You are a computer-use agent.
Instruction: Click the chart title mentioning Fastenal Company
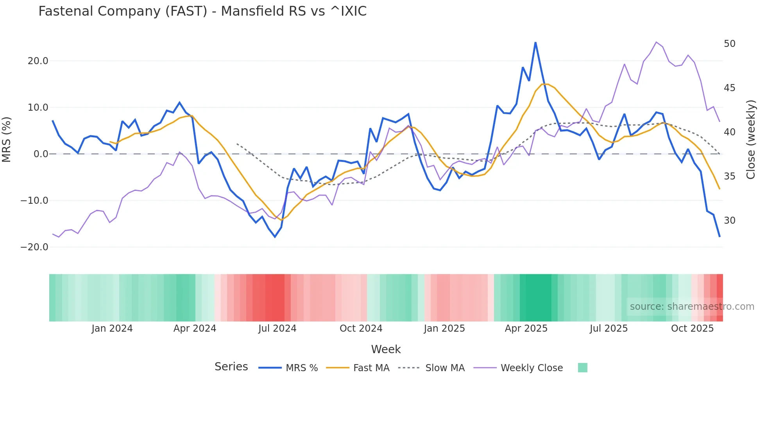[x=202, y=11]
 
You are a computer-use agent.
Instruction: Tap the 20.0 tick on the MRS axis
[x=38, y=61]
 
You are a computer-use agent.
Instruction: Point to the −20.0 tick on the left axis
[x=34, y=247]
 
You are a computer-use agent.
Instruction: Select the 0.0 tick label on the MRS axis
[x=41, y=154]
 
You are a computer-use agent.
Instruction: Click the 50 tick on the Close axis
[x=729, y=44]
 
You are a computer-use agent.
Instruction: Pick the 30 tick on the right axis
[x=729, y=221]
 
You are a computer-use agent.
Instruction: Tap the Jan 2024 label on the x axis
[x=112, y=329]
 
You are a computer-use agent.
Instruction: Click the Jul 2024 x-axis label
[x=277, y=329]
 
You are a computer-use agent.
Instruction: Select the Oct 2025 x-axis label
[x=692, y=329]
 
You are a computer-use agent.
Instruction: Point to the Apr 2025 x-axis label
[x=526, y=329]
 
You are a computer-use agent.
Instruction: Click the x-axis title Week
[x=386, y=349]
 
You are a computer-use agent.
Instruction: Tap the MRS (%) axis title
[x=7, y=139]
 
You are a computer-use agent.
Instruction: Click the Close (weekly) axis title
[x=750, y=140]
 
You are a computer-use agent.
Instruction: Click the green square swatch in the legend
[x=582, y=368]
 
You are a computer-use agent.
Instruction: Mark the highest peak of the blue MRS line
[x=535, y=43]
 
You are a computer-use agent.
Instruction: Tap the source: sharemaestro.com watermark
[x=692, y=307]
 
